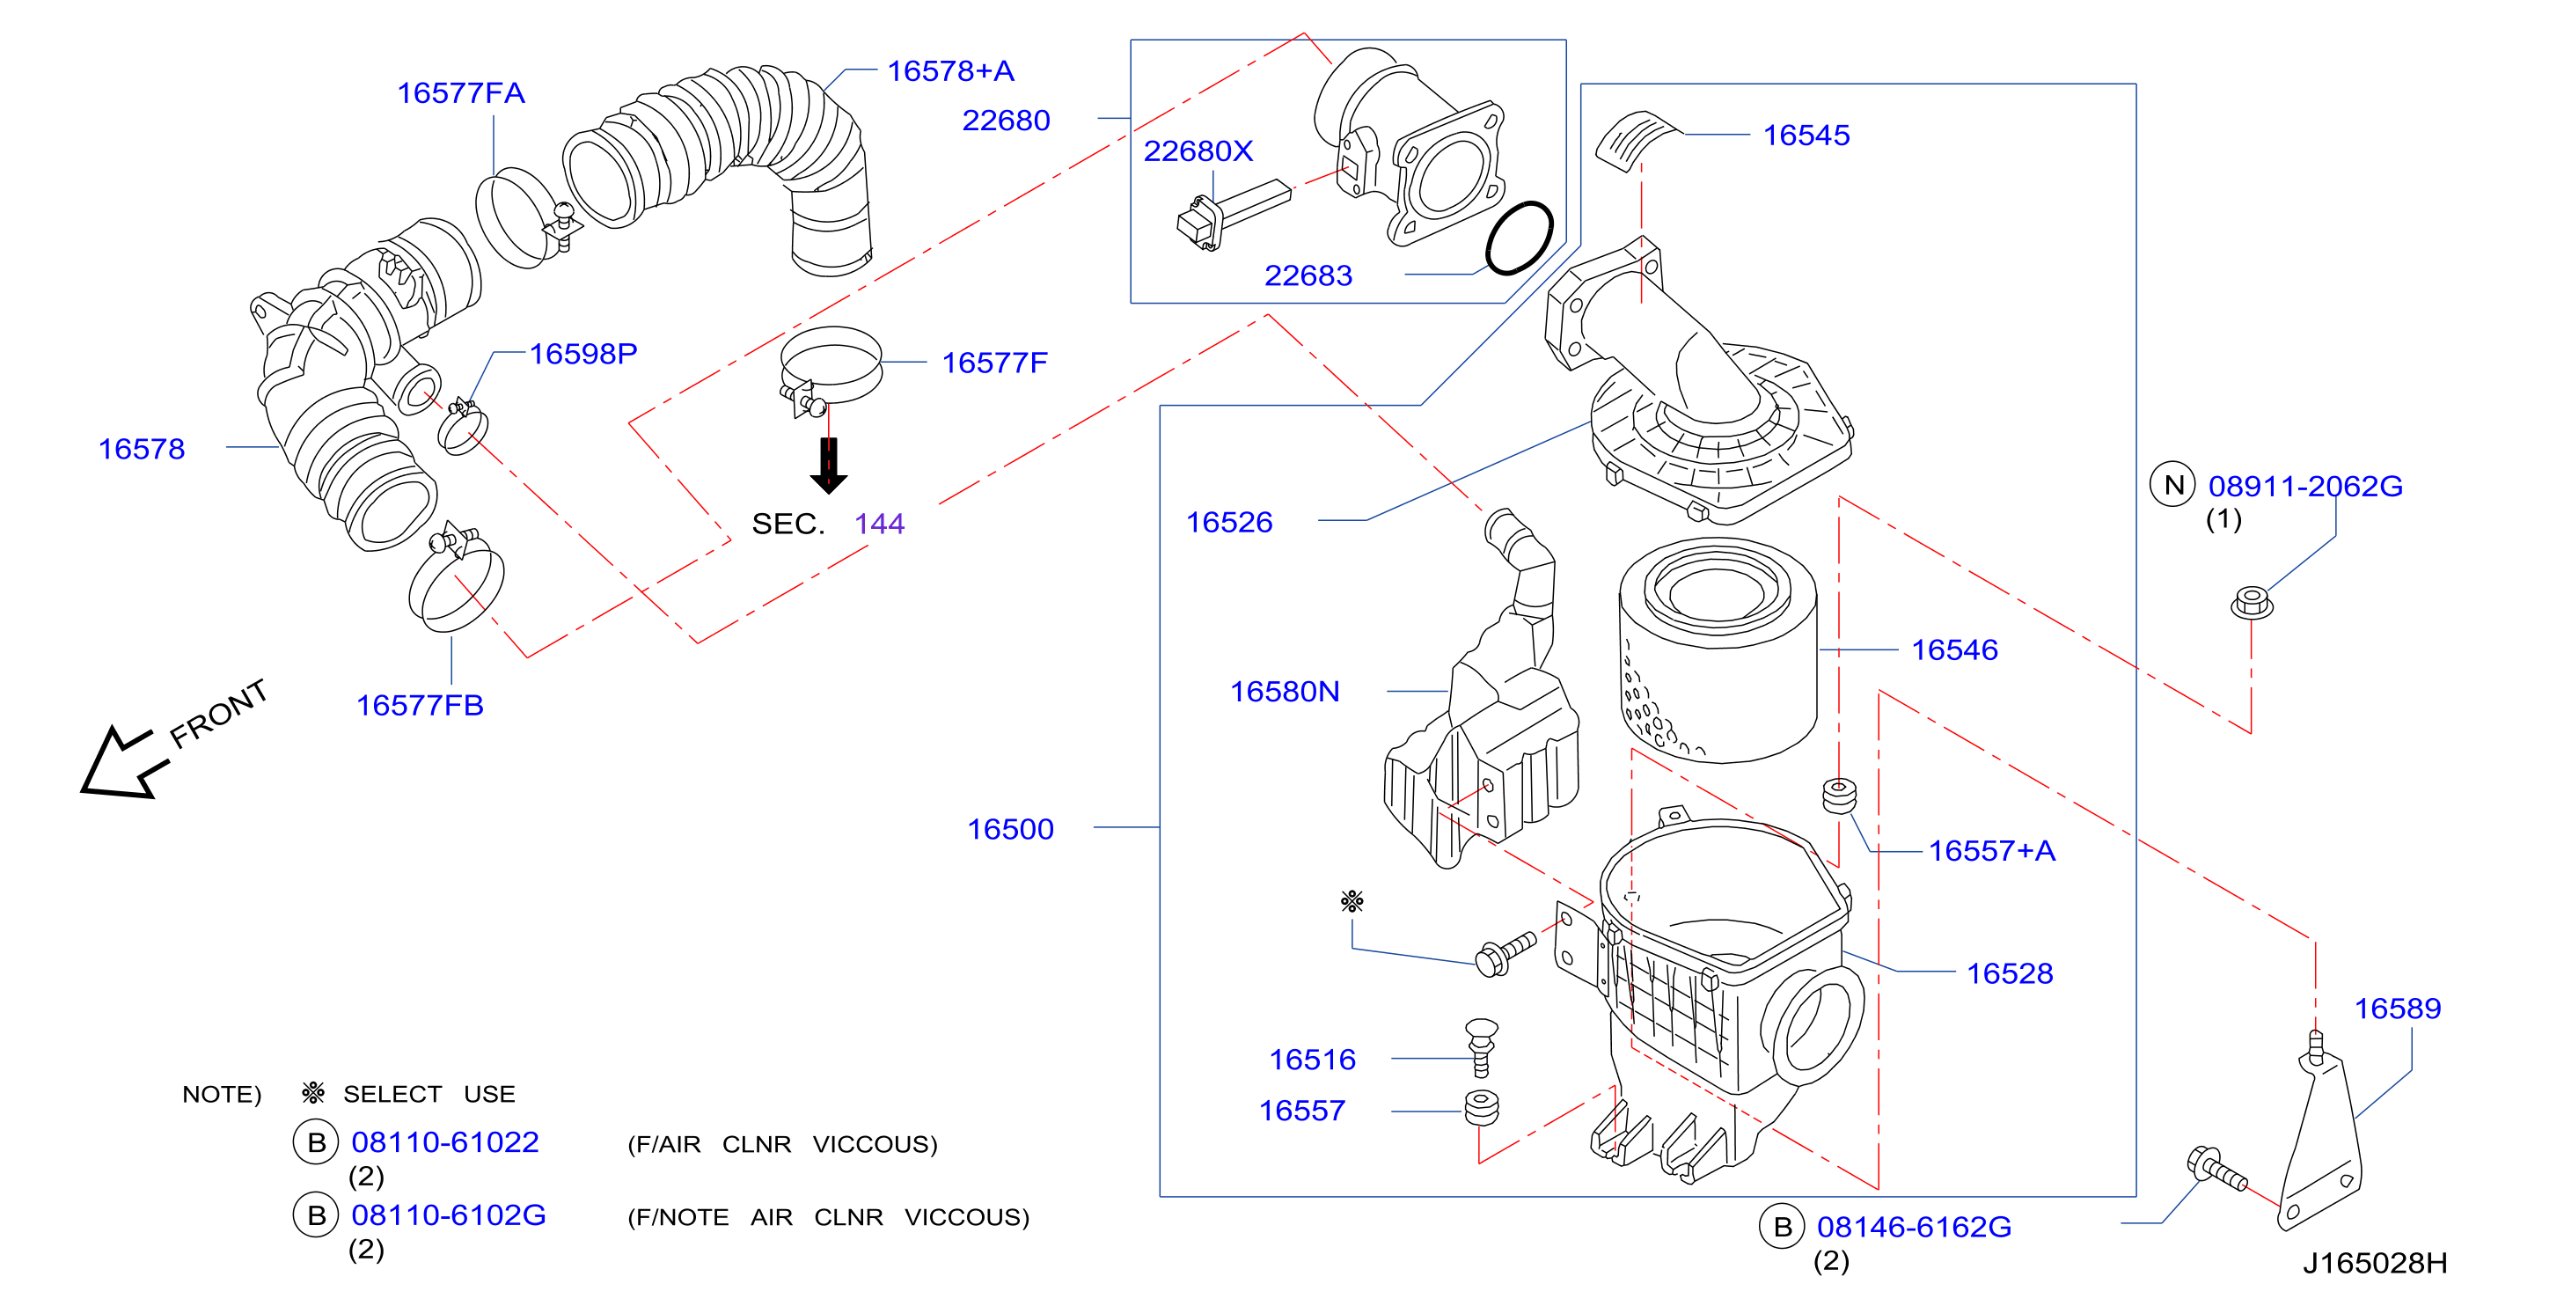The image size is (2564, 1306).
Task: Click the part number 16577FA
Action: click(x=460, y=92)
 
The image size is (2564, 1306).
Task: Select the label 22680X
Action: click(x=1198, y=150)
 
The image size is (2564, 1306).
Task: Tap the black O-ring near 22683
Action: click(x=1519, y=238)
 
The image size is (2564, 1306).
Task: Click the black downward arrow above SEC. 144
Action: click(x=828, y=466)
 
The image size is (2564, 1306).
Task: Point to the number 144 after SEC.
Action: click(x=879, y=524)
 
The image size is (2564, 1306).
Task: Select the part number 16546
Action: click(x=1954, y=650)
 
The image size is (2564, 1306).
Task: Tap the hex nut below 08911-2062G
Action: click(x=2251, y=603)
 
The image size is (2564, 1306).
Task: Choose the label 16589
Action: click(x=2397, y=1009)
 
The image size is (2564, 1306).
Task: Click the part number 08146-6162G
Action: click(x=1913, y=1227)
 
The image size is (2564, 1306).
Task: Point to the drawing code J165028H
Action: click(x=2374, y=1263)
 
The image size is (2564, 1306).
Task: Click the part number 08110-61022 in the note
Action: click(x=445, y=1141)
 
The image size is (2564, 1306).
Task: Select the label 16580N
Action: click(x=1284, y=691)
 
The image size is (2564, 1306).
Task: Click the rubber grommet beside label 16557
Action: click(x=1481, y=1108)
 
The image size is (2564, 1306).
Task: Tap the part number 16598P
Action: click(x=582, y=354)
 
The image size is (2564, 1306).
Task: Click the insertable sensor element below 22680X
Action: click(x=1234, y=214)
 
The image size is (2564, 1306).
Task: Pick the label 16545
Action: click(x=1806, y=135)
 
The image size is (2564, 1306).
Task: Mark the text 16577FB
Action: click(x=420, y=705)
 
